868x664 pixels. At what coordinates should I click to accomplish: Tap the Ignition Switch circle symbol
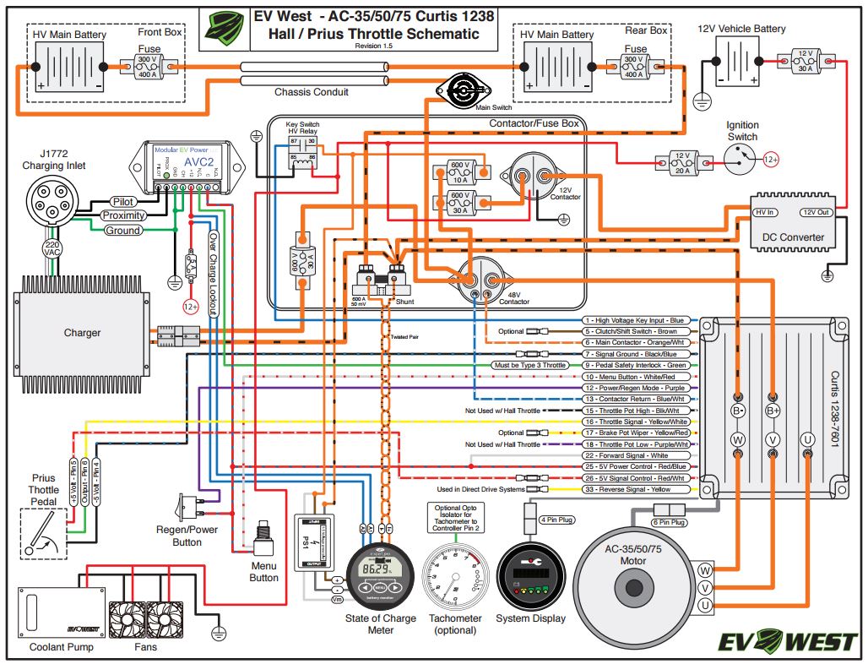[741, 157]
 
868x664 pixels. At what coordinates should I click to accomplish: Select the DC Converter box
[793, 225]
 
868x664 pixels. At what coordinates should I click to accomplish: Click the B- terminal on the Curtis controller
[738, 410]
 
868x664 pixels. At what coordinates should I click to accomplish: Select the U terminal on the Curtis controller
[807, 439]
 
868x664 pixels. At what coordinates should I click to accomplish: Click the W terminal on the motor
[705, 569]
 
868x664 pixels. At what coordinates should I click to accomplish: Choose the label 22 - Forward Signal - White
[636, 455]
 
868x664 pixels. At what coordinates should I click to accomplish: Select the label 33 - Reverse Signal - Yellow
[636, 489]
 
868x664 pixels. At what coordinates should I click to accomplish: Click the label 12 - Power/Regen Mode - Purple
[636, 388]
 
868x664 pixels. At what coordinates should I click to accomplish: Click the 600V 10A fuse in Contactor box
[459, 171]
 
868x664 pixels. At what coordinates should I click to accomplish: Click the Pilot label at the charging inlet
[124, 202]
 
